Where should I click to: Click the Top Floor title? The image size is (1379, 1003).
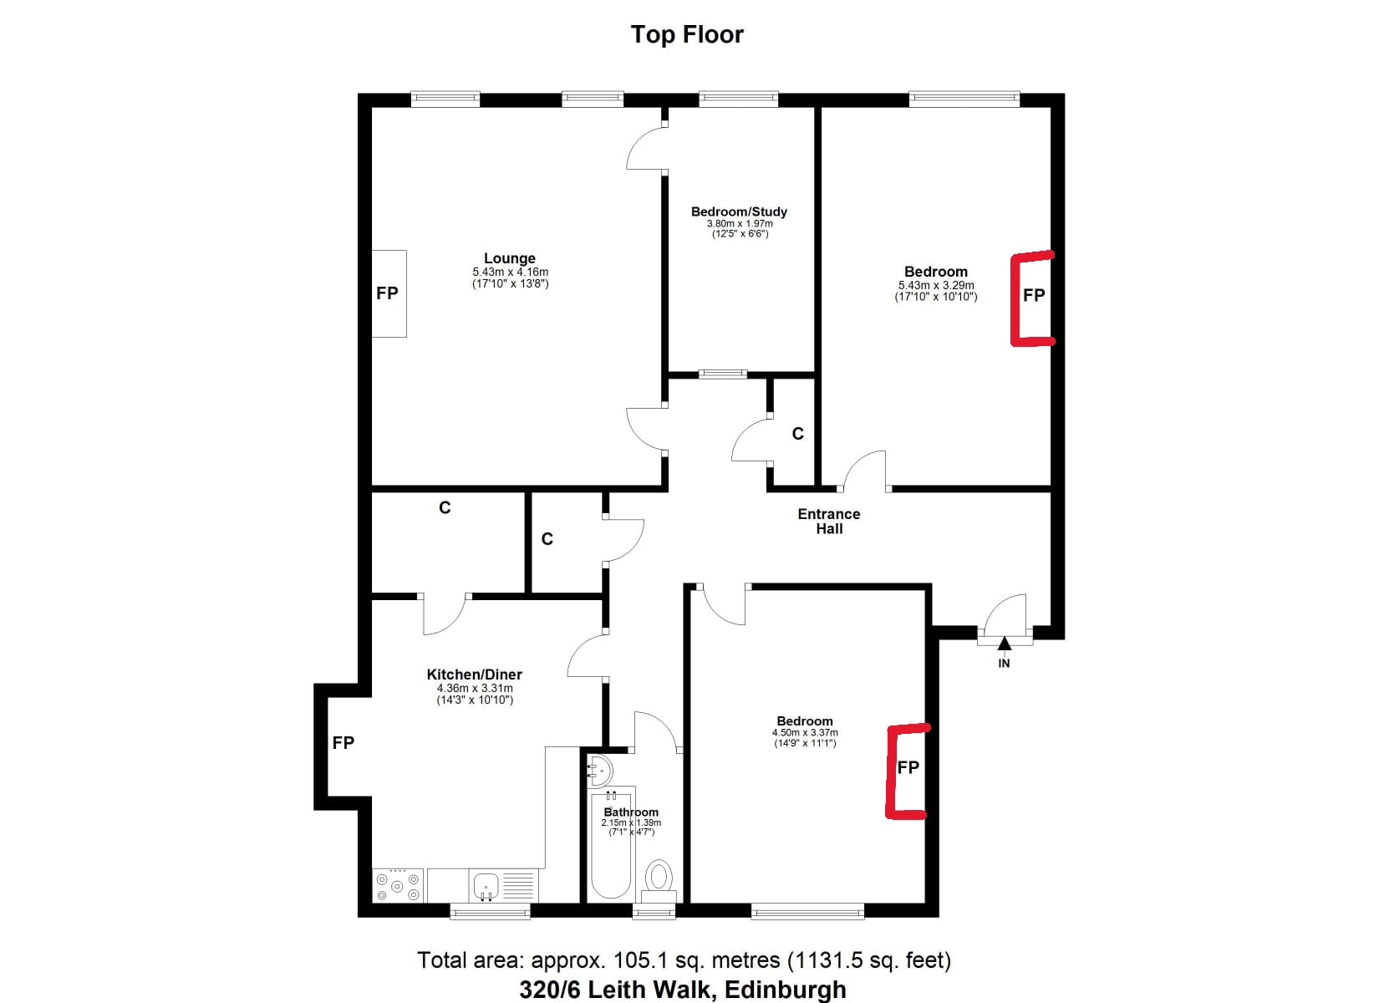[x=687, y=34]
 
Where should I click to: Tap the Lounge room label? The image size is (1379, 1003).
[x=509, y=258]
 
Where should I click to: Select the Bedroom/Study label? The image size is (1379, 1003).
[x=739, y=211]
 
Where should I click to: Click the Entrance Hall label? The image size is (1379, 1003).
[x=828, y=521]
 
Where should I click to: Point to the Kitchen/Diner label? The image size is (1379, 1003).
[x=474, y=675]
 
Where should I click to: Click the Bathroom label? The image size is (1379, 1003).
[x=631, y=812]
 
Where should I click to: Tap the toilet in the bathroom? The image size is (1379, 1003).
[x=659, y=881]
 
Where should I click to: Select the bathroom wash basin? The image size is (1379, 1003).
[x=599, y=771]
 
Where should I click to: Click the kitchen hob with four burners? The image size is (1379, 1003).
[x=398, y=885]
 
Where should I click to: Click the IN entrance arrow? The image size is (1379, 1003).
[x=1004, y=644]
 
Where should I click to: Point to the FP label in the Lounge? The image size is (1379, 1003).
[x=387, y=293]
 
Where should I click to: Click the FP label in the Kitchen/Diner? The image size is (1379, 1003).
[x=343, y=743]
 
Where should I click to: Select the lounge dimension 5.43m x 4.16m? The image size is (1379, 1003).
[x=511, y=272]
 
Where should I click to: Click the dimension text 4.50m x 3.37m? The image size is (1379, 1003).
[x=805, y=733]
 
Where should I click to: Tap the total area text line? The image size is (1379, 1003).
[x=684, y=960]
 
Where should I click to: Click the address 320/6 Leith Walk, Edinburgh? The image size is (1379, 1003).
[x=683, y=990]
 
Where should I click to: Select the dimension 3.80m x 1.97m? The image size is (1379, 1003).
[x=740, y=223]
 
